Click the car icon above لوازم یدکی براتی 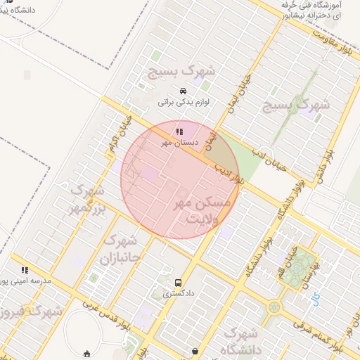click(183, 91)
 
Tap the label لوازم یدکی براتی click(183, 102)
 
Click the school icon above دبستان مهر click(179, 131)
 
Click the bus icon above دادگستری click(178, 283)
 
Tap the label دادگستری click(179, 294)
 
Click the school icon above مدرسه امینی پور click(25, 269)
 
